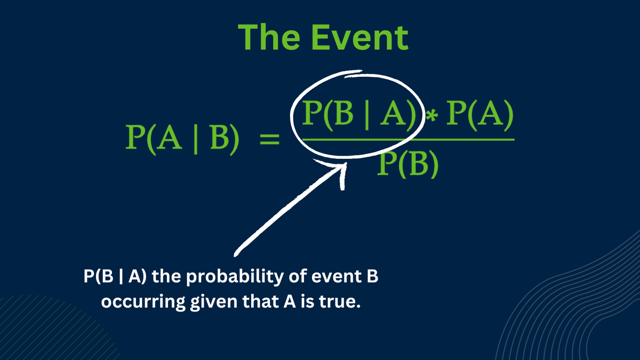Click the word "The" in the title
pyautogui.click(x=269, y=37)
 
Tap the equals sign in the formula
pyautogui.click(x=269, y=139)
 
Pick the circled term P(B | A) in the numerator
pyautogui.click(x=359, y=115)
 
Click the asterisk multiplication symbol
pyautogui.click(x=431, y=116)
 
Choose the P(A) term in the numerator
pyautogui.click(x=480, y=115)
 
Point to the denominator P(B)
pyautogui.click(x=407, y=164)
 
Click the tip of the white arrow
pyautogui.click(x=346, y=163)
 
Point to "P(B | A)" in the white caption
pyautogui.click(x=115, y=277)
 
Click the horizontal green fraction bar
pyautogui.click(x=409, y=139)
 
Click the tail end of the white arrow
pyautogui.click(x=235, y=255)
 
